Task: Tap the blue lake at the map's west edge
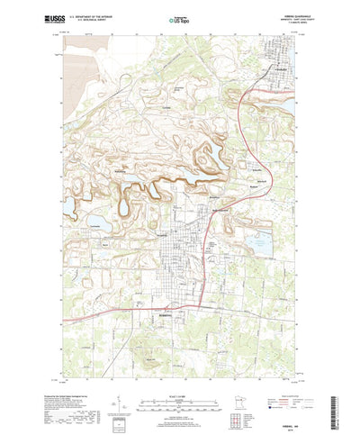point(68,208)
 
